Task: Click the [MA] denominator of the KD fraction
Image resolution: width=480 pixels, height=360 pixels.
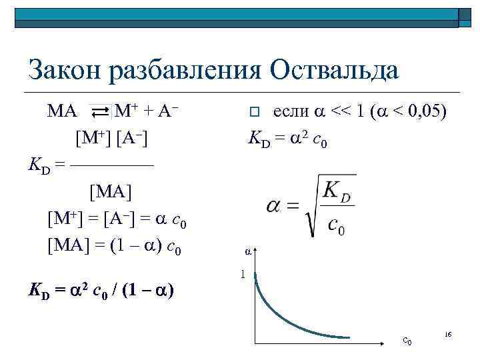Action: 111,192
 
